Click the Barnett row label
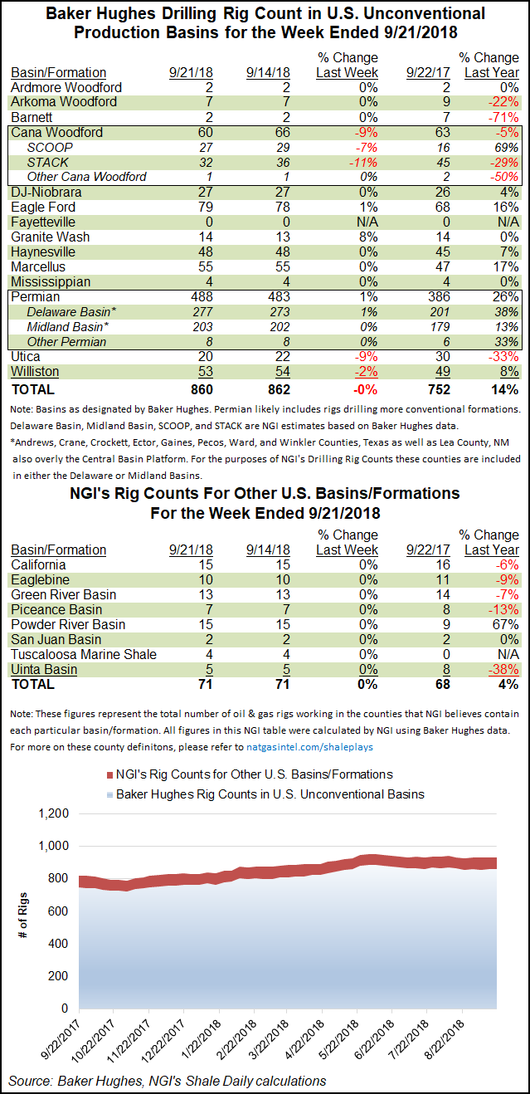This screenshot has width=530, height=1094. click(x=32, y=117)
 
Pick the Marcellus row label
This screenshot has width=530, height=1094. click(x=38, y=266)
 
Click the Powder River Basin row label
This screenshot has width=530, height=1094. click(x=68, y=624)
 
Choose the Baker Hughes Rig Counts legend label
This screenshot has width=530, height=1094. click(x=270, y=794)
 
